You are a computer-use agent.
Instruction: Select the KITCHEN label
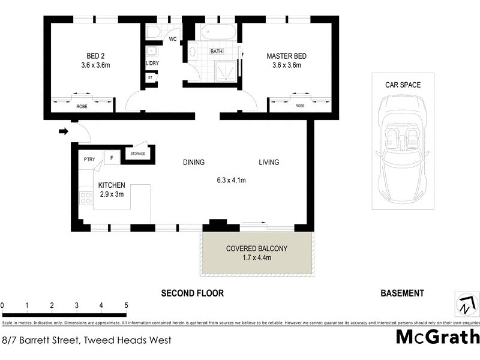tap(112, 185)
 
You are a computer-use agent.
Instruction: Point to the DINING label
tap(194, 162)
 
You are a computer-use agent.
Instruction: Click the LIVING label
tap(269, 162)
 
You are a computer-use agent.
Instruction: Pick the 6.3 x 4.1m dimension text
tap(232, 179)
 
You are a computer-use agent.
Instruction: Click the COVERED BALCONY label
tap(257, 248)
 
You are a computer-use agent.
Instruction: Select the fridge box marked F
tap(110, 158)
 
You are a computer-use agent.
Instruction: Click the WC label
tap(173, 40)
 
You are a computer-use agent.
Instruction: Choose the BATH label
tap(216, 52)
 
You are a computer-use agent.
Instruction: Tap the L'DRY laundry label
tap(152, 64)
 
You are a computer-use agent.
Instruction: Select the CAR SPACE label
tap(403, 85)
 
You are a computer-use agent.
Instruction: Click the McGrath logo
tap(437, 337)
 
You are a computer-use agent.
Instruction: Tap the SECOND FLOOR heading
tap(192, 293)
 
